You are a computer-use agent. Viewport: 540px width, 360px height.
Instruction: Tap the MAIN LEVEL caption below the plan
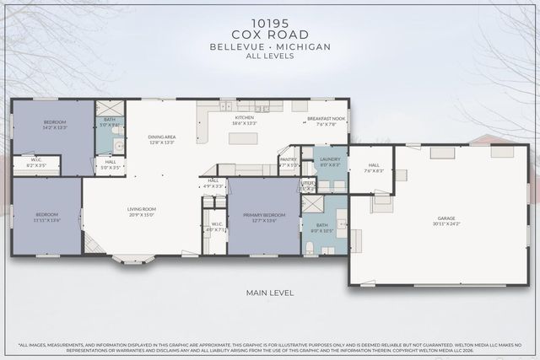click(269, 293)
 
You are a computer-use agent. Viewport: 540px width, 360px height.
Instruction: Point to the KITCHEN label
click(245, 119)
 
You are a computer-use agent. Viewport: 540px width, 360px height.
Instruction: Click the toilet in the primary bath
click(310, 247)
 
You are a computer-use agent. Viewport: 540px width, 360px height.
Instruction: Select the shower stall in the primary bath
click(312, 204)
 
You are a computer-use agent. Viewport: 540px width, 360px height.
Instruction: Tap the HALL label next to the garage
click(374, 168)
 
